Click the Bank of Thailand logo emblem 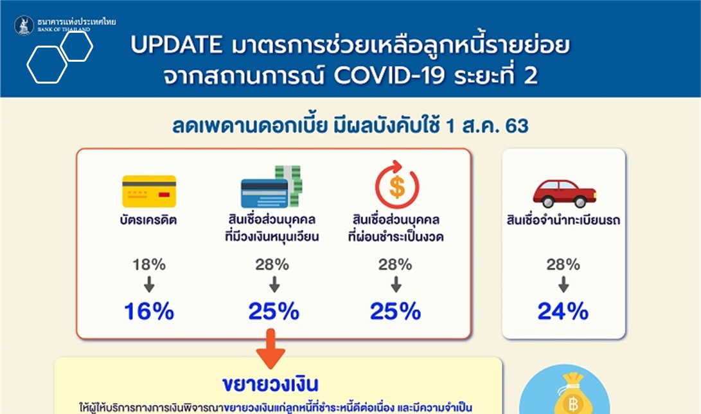tap(24, 26)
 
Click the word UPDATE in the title tap(177, 45)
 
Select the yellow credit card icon tap(149, 191)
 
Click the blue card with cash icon tap(271, 186)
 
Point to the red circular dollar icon tap(396, 184)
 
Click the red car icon tap(564, 194)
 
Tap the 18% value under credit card tap(149, 265)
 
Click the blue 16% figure tap(149, 311)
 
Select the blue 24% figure tap(563, 311)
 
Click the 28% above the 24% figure tap(563, 265)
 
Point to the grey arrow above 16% tap(149, 284)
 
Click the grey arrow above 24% tap(563, 284)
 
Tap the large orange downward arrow tap(271, 348)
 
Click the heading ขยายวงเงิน tap(271, 384)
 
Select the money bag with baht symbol tap(569, 393)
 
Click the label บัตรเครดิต tap(148, 219)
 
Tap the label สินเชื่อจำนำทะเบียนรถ tap(563, 220)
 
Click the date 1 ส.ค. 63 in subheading tap(487, 126)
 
